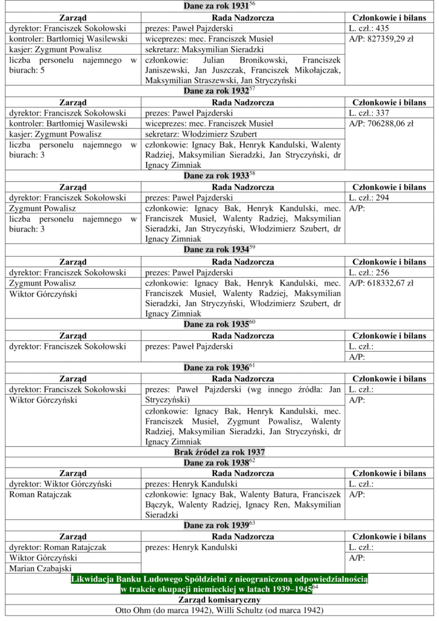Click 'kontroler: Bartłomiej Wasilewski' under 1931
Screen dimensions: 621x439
pos(67,39)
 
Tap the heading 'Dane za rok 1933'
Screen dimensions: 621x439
pos(215,176)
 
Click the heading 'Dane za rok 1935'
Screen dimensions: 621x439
pos(215,324)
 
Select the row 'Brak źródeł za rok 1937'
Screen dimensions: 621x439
pos(219,452)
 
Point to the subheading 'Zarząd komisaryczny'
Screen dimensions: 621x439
pos(219,600)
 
